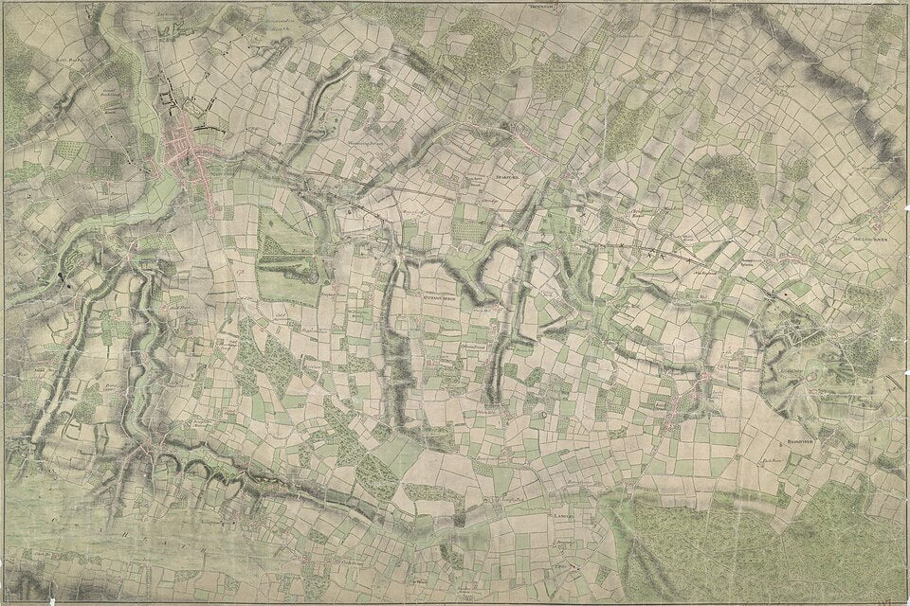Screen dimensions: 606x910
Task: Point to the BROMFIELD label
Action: coord(794,441)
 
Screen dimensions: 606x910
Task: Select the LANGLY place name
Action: coord(561,517)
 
